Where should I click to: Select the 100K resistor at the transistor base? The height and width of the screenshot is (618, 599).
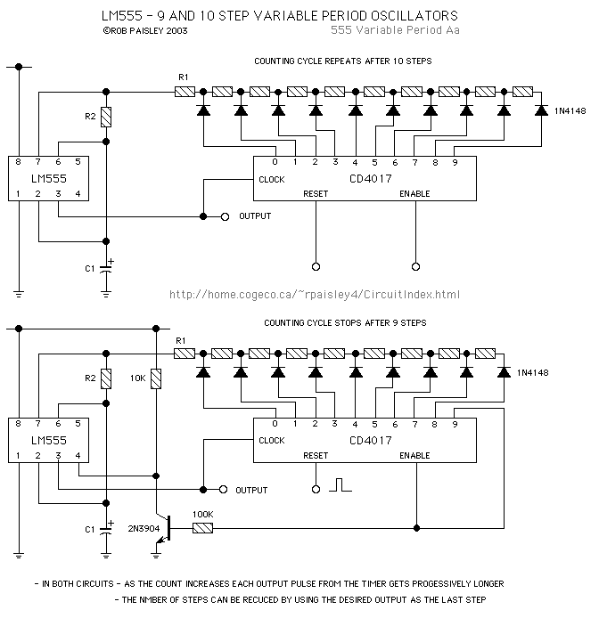pyautogui.click(x=202, y=528)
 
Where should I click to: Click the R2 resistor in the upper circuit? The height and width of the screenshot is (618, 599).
pyautogui.click(x=106, y=117)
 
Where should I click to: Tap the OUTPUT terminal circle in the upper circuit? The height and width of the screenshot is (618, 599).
pyautogui.click(x=225, y=216)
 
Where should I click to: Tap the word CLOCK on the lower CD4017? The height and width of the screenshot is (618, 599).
pyautogui.click(x=271, y=440)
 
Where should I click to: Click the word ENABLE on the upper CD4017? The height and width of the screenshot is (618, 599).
pyautogui.click(x=414, y=193)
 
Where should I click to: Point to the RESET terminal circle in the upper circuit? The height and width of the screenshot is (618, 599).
pyautogui.click(x=316, y=265)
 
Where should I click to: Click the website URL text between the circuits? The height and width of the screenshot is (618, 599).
pyautogui.click(x=314, y=295)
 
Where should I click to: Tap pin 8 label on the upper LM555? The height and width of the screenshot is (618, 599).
pyautogui.click(x=20, y=161)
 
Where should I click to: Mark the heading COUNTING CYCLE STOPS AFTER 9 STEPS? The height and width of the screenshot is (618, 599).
pyautogui.click(x=341, y=321)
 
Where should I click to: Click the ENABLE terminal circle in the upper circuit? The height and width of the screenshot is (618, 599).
pyautogui.click(x=414, y=265)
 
